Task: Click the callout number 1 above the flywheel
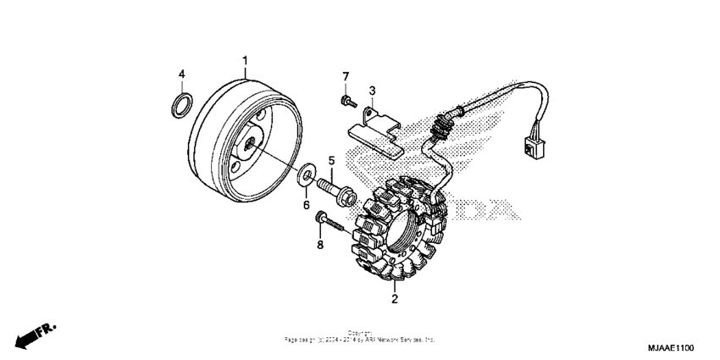pos(246,60)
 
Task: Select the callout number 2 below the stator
pos(394,298)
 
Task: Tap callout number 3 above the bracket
pos(371,91)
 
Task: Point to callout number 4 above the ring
pos(181,75)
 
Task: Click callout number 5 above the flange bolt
pos(331,160)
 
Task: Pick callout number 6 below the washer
pos(307,205)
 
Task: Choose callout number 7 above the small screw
pos(345,78)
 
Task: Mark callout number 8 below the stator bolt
pos(319,246)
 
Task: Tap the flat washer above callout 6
pos(303,177)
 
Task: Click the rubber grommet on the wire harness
pos(440,130)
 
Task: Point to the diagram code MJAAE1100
pos(672,348)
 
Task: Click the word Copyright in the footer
pos(360,333)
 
